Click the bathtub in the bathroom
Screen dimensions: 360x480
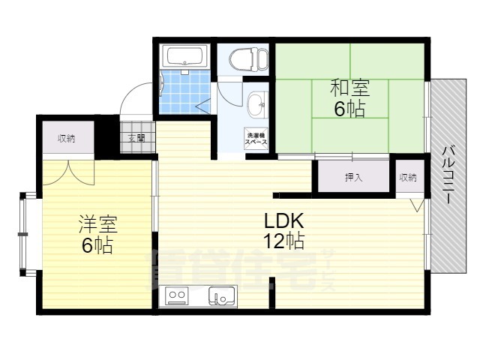(x=184, y=56)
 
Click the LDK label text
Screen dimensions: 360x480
(x=283, y=221)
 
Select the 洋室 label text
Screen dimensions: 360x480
(x=97, y=223)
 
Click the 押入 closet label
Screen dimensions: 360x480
(x=353, y=178)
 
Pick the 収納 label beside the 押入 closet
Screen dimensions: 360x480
(x=408, y=178)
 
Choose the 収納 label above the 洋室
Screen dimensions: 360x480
(x=67, y=138)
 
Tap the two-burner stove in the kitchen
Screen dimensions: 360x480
(x=178, y=297)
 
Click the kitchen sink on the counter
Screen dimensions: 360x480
(x=222, y=297)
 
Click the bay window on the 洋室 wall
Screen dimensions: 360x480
(x=28, y=234)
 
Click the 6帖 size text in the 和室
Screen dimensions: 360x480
(x=349, y=109)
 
